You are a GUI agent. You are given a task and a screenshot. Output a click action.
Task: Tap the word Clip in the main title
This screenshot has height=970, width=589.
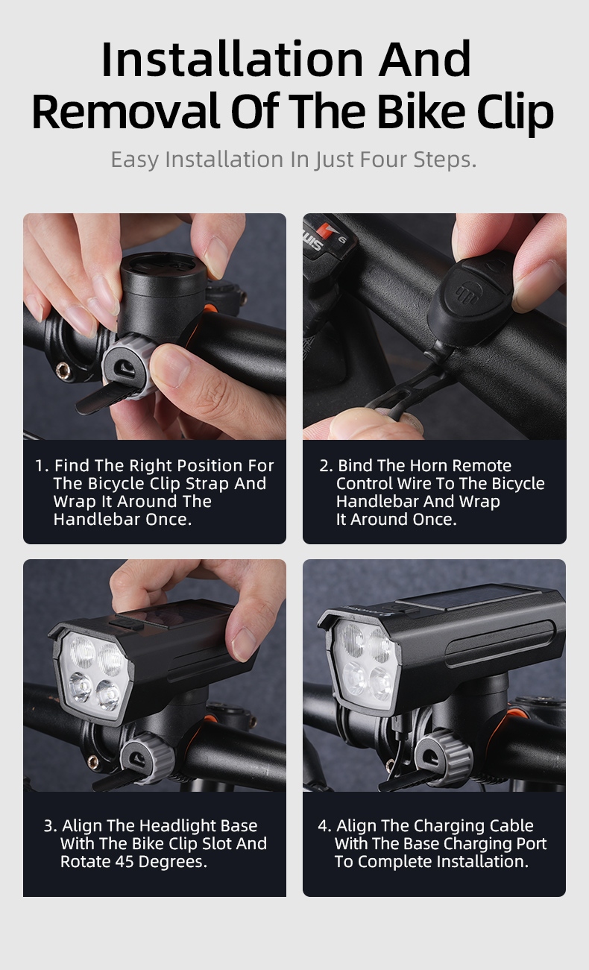(x=515, y=113)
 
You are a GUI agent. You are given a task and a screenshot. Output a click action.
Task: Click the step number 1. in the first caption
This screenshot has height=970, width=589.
(x=42, y=466)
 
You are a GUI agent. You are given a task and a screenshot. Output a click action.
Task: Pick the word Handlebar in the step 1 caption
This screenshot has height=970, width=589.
(x=97, y=519)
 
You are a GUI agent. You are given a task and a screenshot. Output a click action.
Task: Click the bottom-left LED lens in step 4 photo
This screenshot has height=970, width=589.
(x=354, y=678)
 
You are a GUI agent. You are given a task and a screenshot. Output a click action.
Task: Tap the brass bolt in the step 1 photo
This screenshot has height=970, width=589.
(x=63, y=371)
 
